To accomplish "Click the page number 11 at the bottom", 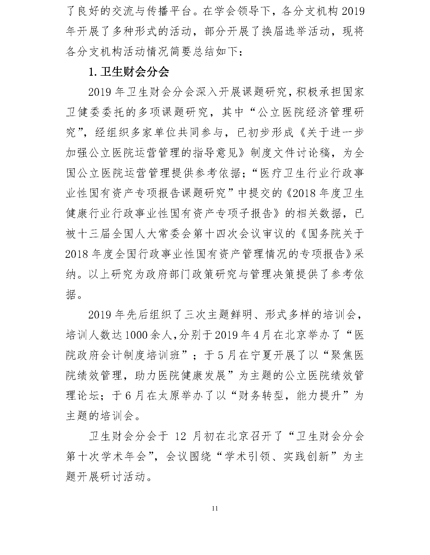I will click(x=215, y=515).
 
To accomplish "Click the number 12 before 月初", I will click(x=181, y=436).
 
